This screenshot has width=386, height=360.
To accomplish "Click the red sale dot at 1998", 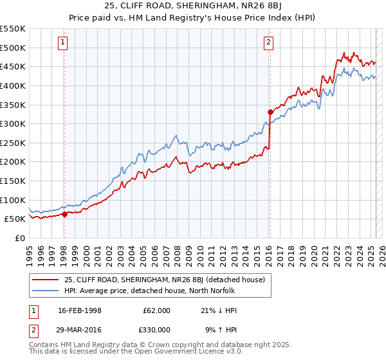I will (64, 215).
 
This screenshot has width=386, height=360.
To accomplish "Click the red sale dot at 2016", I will (270, 112).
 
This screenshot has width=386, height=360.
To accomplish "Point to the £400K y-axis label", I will (13, 85).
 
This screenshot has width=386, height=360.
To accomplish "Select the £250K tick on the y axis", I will (13, 143).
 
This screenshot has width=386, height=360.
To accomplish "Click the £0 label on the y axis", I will (19, 238).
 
